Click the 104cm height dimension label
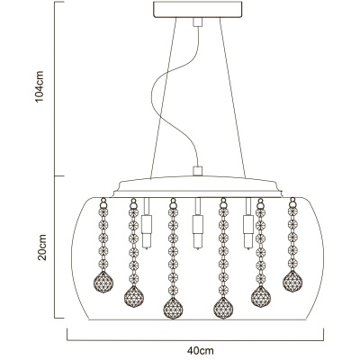(40, 86)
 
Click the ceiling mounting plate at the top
(198, 10)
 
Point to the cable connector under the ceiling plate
(198, 22)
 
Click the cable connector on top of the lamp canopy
(198, 171)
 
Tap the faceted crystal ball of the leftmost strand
(103, 282)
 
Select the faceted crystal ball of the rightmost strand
(292, 281)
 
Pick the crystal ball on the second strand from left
(134, 296)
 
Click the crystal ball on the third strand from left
(173, 308)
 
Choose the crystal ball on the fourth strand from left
(223, 308)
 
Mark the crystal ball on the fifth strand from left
(261, 296)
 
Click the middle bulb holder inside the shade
(198, 223)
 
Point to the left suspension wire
(164, 98)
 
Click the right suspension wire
(232, 98)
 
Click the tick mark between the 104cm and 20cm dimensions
(59, 175)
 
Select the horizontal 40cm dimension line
(195, 340)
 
